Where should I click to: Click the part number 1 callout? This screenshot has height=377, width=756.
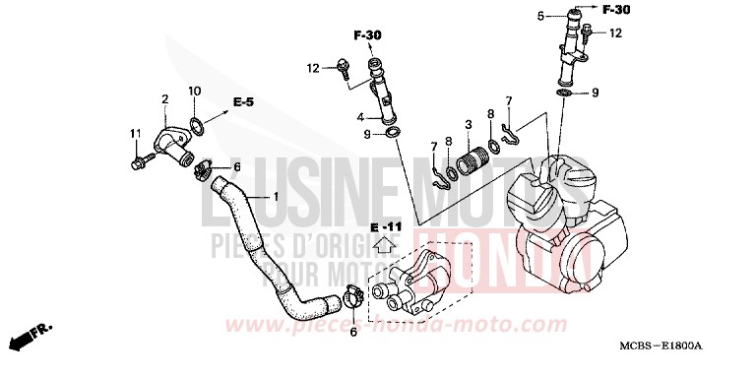click(x=277, y=197)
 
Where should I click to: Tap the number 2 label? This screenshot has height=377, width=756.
click(x=165, y=98)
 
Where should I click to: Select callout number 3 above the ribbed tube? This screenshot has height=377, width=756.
click(x=469, y=124)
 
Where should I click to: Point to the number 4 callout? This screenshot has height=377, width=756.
click(x=360, y=116)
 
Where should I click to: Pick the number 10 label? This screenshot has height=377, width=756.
click(x=194, y=92)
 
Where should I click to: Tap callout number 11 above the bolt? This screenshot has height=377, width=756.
click(x=134, y=133)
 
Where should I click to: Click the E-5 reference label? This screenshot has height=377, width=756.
click(x=243, y=101)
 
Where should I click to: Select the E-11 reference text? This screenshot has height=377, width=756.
click(x=388, y=227)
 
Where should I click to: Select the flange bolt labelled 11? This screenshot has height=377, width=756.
click(x=141, y=157)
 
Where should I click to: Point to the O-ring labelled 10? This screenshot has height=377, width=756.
click(x=198, y=126)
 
